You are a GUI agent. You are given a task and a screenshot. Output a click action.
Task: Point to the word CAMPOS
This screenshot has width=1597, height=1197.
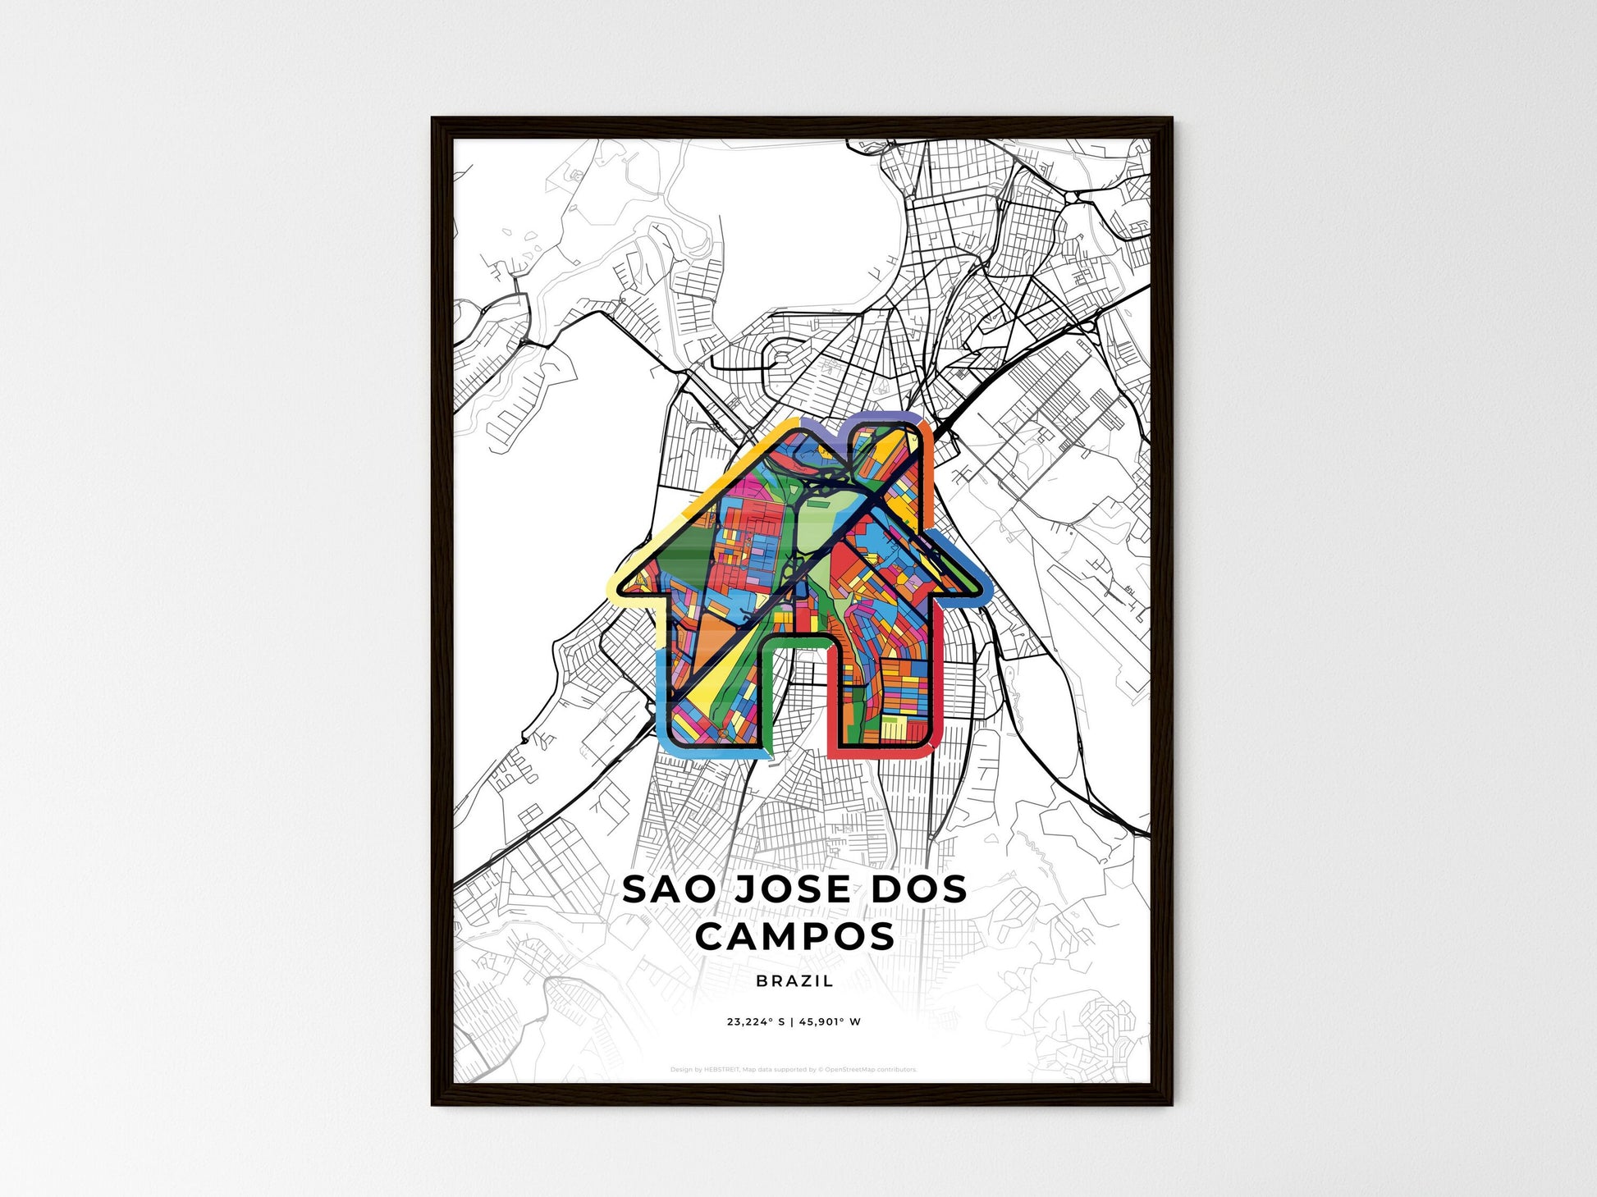click(x=795, y=936)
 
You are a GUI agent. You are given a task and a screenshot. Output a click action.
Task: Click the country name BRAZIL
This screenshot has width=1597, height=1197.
click(x=794, y=980)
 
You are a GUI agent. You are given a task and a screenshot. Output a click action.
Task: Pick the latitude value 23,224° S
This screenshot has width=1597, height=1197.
click(x=756, y=1022)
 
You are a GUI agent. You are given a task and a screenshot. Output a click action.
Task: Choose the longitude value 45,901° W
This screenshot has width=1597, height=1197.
click(x=830, y=1022)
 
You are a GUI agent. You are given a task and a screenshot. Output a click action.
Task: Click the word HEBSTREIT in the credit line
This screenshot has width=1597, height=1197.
click(x=721, y=1070)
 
